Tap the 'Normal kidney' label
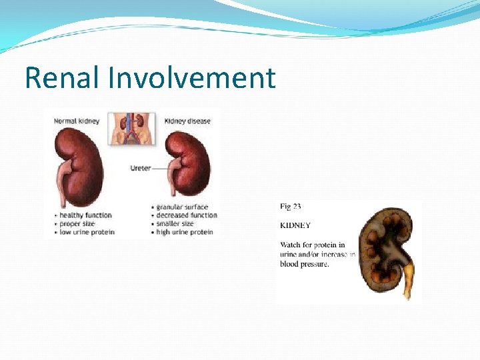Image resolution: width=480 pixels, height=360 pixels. tap(76, 121)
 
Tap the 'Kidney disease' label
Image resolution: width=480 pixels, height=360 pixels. tap(188, 121)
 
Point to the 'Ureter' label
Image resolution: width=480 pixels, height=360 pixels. tap(141, 168)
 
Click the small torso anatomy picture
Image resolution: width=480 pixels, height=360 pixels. tap(132, 129)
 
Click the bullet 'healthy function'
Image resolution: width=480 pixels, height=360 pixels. tap(85, 215)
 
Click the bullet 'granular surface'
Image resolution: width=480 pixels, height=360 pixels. tap(181, 207)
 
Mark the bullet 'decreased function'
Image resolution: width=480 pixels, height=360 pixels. tap(186, 215)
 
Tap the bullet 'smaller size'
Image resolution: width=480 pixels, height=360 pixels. tap(175, 223)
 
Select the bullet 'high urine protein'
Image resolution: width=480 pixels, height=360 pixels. tap(184, 232)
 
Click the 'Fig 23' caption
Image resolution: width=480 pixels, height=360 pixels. tap(291, 207)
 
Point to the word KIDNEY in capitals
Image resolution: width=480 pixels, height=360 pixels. tap(295, 226)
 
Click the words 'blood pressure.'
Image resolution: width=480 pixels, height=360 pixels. tap(305, 263)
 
